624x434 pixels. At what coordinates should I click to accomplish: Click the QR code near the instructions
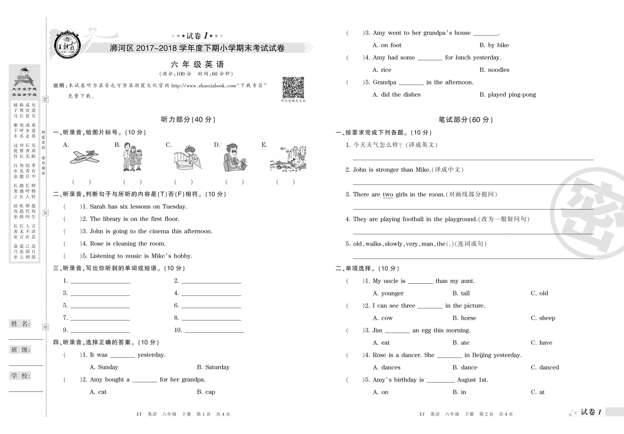pos(293,87)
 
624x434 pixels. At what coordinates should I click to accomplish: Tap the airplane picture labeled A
pos(85,157)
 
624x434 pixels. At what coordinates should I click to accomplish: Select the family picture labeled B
pos(133,157)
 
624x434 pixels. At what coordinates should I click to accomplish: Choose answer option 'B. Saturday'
pos(213,367)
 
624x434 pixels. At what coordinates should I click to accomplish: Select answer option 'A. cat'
pos(98,392)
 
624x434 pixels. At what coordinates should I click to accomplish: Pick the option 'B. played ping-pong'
pos(508,94)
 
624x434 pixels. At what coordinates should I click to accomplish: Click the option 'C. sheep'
pos(543,318)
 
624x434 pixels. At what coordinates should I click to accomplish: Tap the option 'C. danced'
pos(545,367)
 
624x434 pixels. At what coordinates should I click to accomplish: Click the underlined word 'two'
pos(388,195)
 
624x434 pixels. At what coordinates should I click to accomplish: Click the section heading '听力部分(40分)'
pos(188,120)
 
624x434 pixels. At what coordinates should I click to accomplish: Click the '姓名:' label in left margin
pos(20,324)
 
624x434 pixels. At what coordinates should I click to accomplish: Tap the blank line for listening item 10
pos(214,331)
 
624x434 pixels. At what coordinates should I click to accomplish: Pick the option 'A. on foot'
pos(387,45)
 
